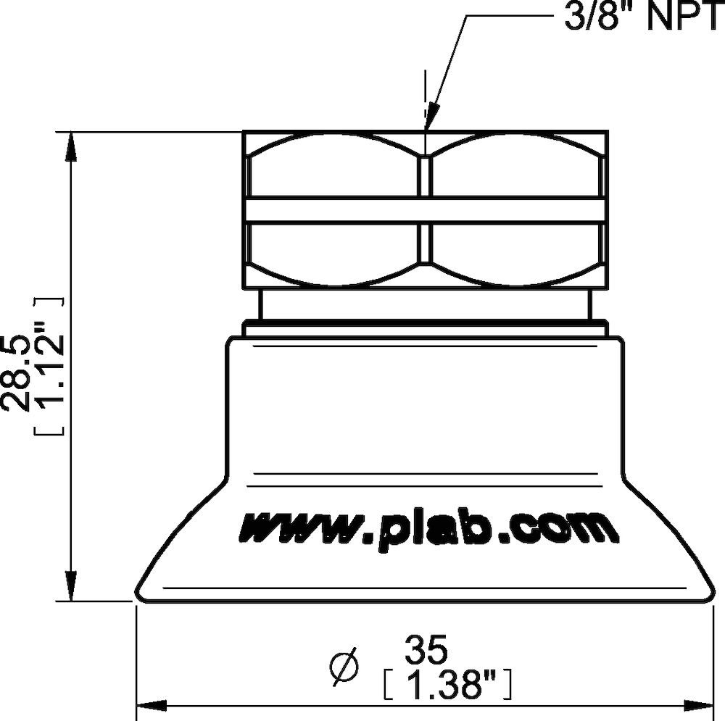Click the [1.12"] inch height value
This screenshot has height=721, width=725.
(x=49, y=366)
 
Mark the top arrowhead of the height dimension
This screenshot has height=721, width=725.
(x=71, y=146)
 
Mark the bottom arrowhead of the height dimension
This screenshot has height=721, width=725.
(x=71, y=588)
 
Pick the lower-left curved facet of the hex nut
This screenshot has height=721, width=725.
(x=333, y=250)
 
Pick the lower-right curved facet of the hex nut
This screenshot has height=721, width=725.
(x=515, y=250)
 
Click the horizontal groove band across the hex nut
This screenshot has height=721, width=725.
(x=424, y=210)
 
